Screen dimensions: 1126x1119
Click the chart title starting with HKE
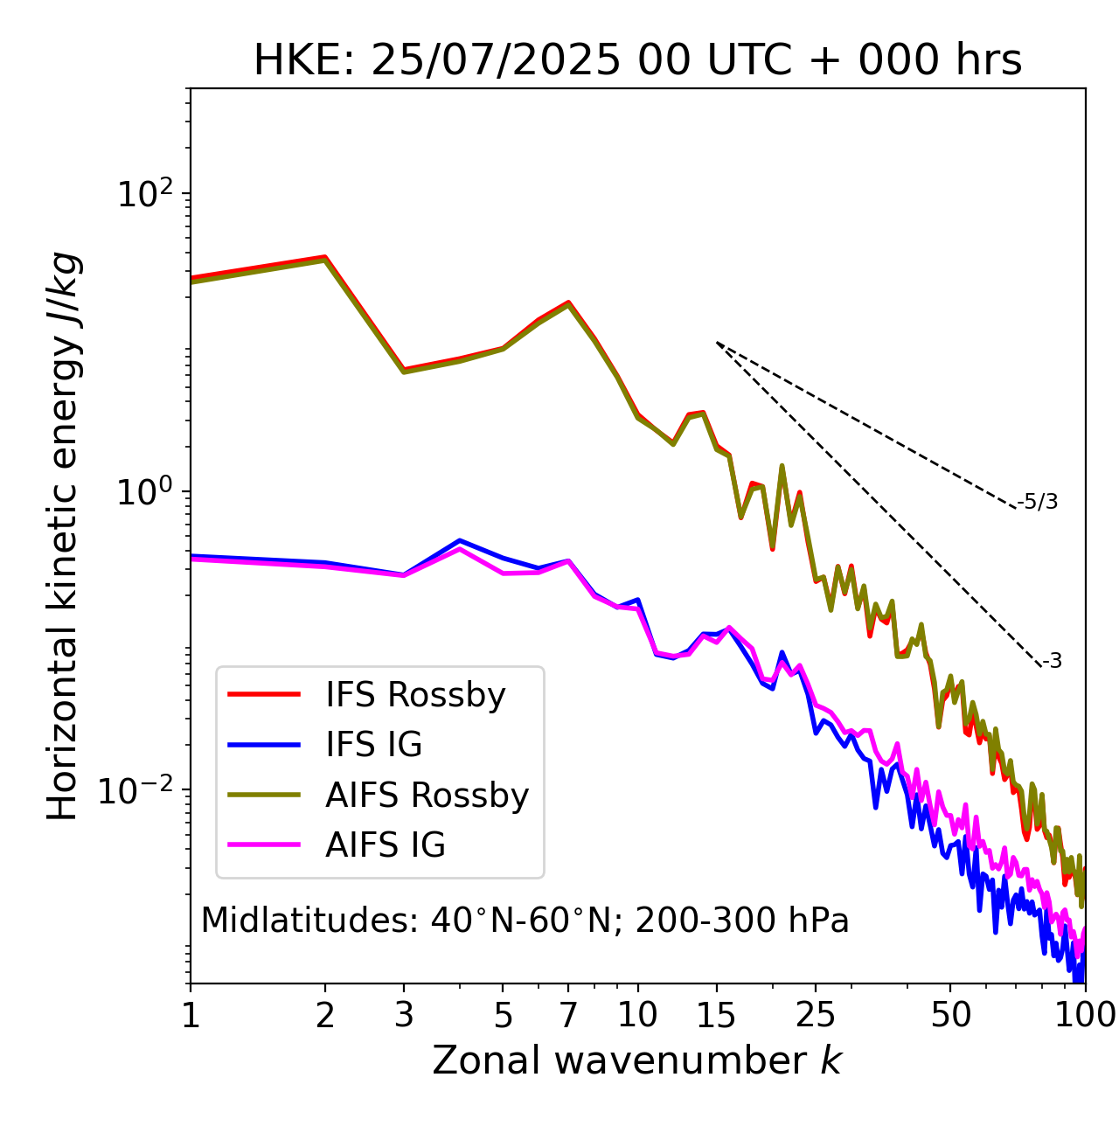pos(637,61)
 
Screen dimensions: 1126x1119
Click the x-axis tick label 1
pos(191,1015)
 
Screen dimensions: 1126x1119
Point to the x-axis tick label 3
pos(404,1015)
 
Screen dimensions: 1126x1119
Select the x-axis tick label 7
pos(568,1015)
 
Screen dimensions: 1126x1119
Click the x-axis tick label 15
pos(717,1015)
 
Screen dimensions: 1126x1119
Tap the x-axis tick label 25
pos(816,1015)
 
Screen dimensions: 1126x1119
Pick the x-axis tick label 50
pos(950,1015)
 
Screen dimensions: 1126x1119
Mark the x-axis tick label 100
pos(1085,1015)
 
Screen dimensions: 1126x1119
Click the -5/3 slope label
pos(1038,502)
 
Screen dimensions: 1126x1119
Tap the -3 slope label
pos(1052,662)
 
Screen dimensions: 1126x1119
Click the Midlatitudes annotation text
pos(525,921)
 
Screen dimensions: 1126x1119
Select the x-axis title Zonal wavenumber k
pos(637,1060)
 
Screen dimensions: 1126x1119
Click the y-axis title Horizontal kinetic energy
pos(63,536)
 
